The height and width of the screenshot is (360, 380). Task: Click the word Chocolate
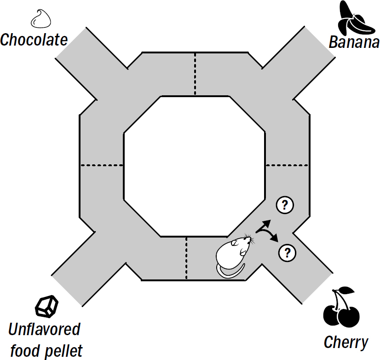pyautogui.click(x=34, y=40)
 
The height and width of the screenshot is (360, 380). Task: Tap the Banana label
pyautogui.click(x=354, y=43)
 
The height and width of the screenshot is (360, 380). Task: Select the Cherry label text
pyautogui.click(x=346, y=342)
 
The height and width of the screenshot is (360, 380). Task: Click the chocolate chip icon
pyautogui.click(x=40, y=19)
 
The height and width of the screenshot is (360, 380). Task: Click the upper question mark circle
pyautogui.click(x=285, y=205)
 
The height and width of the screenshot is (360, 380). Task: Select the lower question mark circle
pyautogui.click(x=288, y=252)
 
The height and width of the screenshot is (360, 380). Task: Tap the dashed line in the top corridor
pyautogui.click(x=195, y=74)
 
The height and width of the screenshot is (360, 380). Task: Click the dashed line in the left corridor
pyautogui.click(x=102, y=165)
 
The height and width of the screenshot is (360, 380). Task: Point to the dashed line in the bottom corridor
pyautogui.click(x=186, y=258)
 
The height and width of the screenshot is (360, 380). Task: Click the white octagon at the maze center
pyautogui.click(x=194, y=166)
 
